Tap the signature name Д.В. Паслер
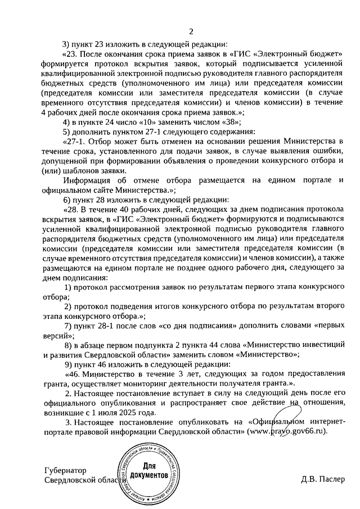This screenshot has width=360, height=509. click(x=321, y=480)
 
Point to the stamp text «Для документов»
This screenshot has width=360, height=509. click(x=148, y=471)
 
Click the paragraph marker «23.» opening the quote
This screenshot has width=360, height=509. click(x=73, y=54)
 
